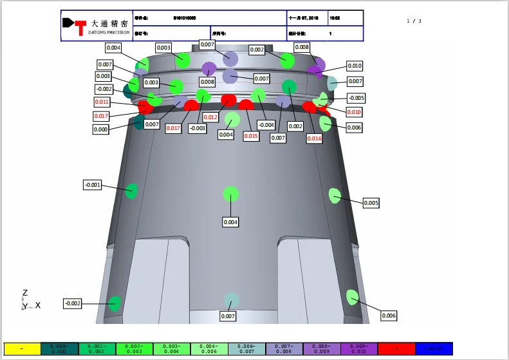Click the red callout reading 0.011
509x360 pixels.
[102, 102]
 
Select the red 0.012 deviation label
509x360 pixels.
[211, 117]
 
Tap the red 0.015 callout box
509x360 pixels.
[251, 135]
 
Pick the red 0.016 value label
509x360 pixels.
[314, 138]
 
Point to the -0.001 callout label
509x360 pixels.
[93, 185]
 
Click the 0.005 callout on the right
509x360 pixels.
[371, 203]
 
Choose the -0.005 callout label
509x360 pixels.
[356, 98]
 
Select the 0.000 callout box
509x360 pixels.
[101, 129]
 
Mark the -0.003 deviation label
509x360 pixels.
[198, 128]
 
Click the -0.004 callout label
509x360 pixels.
[266, 124]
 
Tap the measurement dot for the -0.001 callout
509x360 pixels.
[131, 190]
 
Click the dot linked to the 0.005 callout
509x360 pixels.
[335, 196]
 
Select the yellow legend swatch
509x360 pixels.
[22, 348]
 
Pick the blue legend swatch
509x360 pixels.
[434, 348]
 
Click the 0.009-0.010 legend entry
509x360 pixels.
[359, 348]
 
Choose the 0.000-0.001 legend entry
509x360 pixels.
[59, 348]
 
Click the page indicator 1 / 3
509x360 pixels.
[414, 21]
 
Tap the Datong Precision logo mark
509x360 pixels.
[75, 25]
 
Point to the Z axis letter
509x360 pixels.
[25, 293]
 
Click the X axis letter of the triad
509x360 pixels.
[38, 305]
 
